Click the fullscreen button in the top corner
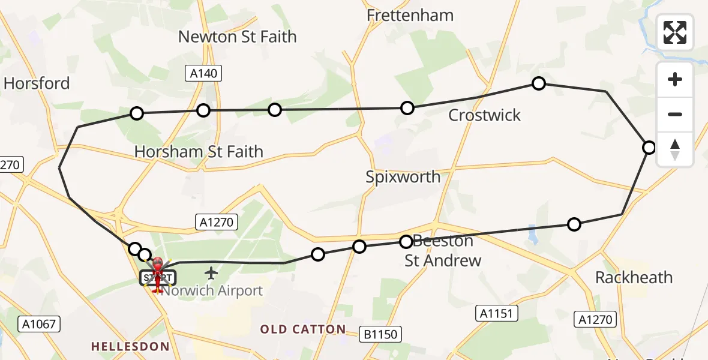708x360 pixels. click(675, 32)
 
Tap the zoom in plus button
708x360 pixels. click(675, 80)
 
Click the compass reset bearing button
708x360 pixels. click(675, 149)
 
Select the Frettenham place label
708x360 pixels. click(410, 16)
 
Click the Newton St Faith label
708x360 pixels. click(238, 37)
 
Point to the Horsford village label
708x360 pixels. click(37, 83)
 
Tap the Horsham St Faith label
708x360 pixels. click(199, 152)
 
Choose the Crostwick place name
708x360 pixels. click(485, 115)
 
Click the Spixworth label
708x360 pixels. click(403, 177)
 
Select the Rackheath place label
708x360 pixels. click(634, 278)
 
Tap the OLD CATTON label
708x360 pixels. click(303, 329)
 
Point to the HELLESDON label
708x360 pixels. click(123, 346)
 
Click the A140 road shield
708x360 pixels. click(203, 74)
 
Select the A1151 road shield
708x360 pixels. click(497, 313)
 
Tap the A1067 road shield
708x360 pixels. click(40, 325)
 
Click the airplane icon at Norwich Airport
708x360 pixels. click(211, 274)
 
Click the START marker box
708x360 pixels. click(157, 278)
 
